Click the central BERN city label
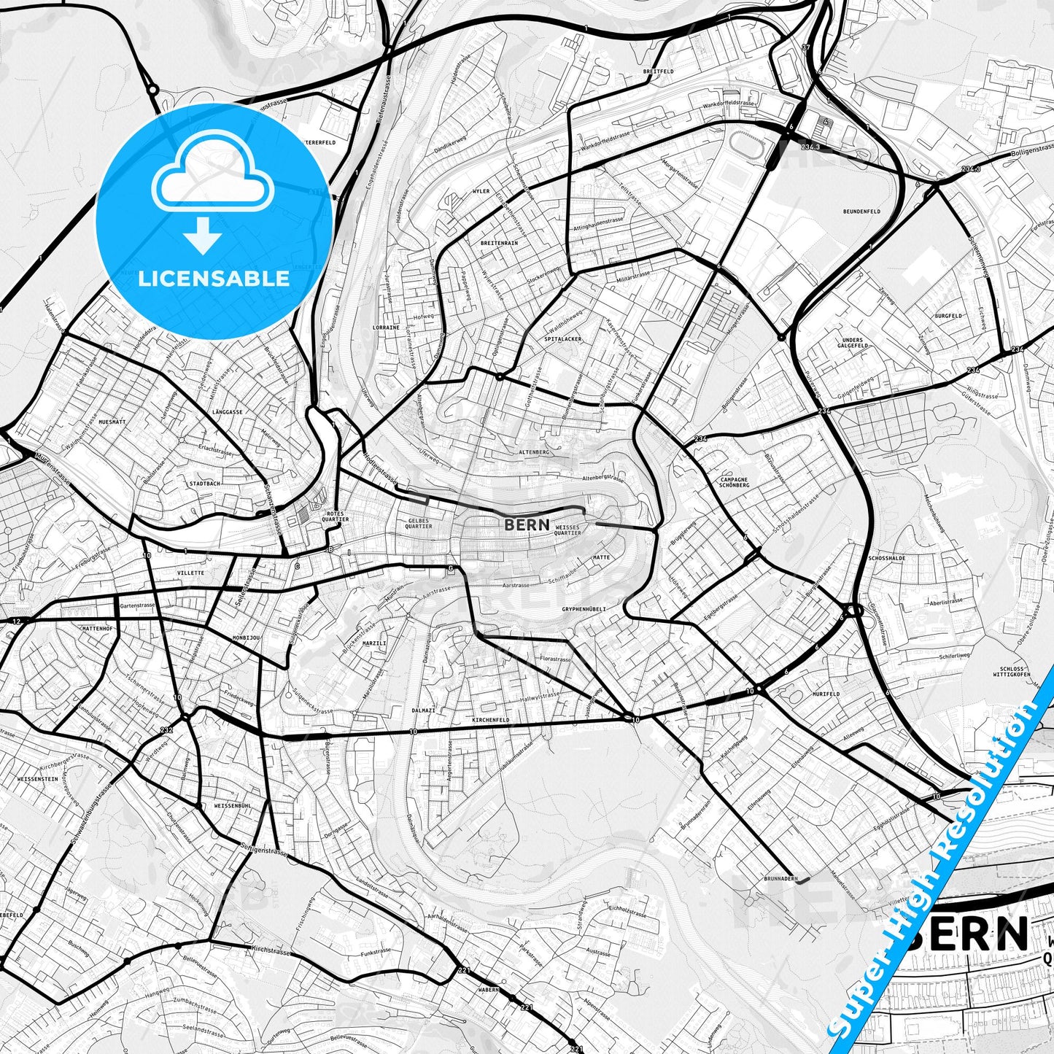pyautogui.click(x=527, y=524)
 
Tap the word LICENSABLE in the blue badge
pyautogui.click(x=214, y=278)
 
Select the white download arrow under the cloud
pyautogui.click(x=204, y=236)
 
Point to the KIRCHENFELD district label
pyautogui.click(x=490, y=720)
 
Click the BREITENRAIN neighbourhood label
pyautogui.click(x=499, y=243)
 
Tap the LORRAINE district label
pyautogui.click(x=386, y=328)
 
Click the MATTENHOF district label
pyautogui.click(x=98, y=628)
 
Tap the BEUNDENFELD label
pyautogui.click(x=861, y=212)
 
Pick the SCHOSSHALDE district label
pyautogui.click(x=887, y=558)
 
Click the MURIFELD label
pyautogui.click(x=824, y=695)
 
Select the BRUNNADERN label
pyautogui.click(x=781, y=879)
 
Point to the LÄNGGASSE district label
pyautogui.click(x=227, y=412)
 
